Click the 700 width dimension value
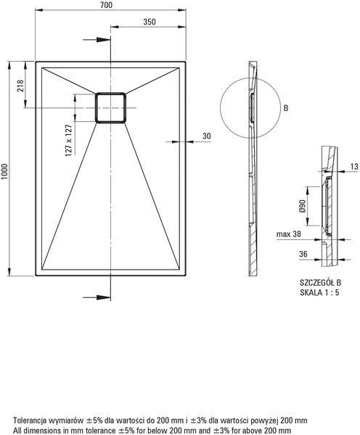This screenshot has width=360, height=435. [x=107, y=5]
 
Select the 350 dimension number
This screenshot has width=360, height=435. [x=150, y=22]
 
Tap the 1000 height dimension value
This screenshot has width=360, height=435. [x=5, y=172]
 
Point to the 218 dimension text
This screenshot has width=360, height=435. [x=20, y=86]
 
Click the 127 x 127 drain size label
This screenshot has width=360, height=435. [x=69, y=140]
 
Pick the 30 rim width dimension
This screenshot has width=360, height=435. [x=207, y=136]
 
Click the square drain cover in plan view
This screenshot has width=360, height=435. [x=110, y=107]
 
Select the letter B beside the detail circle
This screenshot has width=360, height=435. [x=286, y=108]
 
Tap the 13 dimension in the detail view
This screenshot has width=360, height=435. [x=354, y=167]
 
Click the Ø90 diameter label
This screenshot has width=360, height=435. [x=303, y=206]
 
